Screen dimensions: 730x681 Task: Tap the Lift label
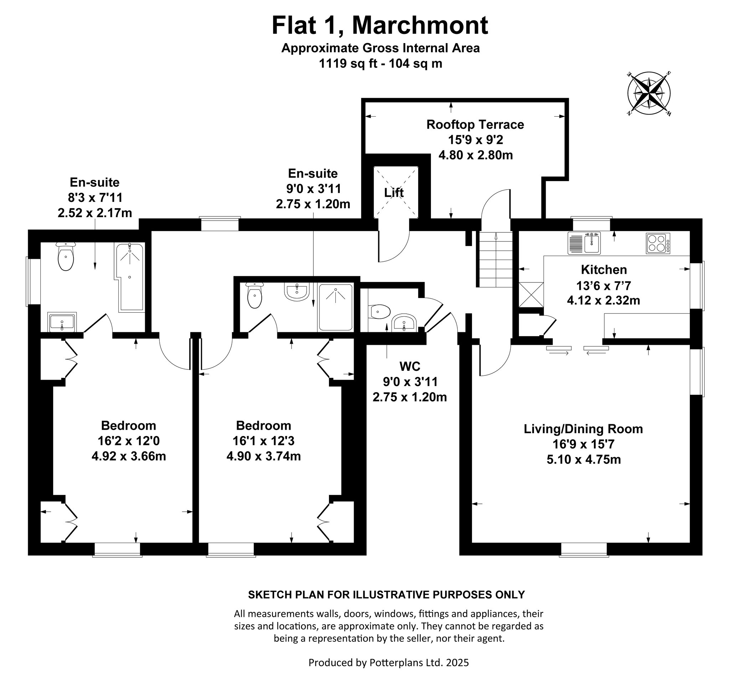pyautogui.click(x=394, y=193)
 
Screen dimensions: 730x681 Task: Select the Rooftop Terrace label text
pyautogui.click(x=475, y=124)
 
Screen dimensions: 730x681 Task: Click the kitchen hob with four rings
pyautogui.click(x=658, y=243)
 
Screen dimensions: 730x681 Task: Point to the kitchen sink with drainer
pyautogui.click(x=584, y=243)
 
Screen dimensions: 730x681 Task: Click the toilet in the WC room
pyautogui.click(x=380, y=312)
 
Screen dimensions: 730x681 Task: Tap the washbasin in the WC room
pyautogui.click(x=403, y=323)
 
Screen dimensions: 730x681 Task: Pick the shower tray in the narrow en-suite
pyautogui.click(x=336, y=307)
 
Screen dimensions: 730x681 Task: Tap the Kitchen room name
pyautogui.click(x=604, y=270)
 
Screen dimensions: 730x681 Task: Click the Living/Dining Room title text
pyautogui.click(x=583, y=429)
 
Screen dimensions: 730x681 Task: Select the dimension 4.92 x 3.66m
pyautogui.click(x=129, y=456)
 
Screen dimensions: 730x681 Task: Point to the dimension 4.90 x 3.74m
pyautogui.click(x=264, y=456)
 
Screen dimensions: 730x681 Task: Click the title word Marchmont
pyautogui.click(x=420, y=25)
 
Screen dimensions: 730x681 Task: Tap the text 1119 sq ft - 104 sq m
pyautogui.click(x=380, y=63)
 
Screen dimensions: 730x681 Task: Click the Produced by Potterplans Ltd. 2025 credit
pyautogui.click(x=389, y=662)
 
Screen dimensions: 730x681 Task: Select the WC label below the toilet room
pyautogui.click(x=410, y=366)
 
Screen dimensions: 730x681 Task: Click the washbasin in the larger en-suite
pyautogui.click(x=62, y=322)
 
